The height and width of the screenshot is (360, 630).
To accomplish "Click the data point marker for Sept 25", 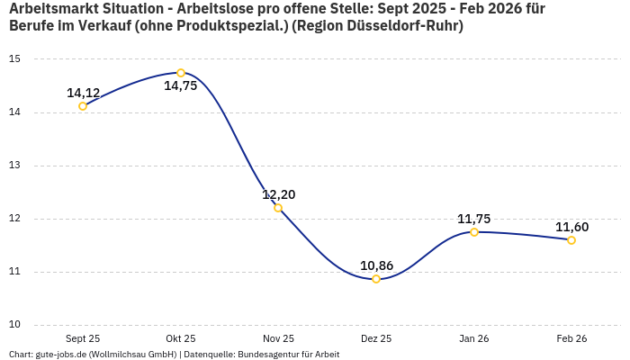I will tap(83, 106).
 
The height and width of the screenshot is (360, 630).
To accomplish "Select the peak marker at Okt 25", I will tap(181, 73).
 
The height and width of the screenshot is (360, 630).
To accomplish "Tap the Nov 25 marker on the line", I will tap(278, 208).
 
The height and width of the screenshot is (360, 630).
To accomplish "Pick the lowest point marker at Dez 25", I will tap(376, 279).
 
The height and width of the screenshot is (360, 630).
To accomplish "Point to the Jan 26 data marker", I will tap(474, 232).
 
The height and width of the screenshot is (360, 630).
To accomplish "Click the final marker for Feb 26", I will tap(571, 240).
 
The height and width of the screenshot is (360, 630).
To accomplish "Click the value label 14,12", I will tap(83, 93).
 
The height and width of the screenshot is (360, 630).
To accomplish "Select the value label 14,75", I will tap(181, 86).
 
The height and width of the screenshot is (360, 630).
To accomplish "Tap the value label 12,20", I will tap(278, 194).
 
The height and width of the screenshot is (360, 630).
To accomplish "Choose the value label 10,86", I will tap(376, 265).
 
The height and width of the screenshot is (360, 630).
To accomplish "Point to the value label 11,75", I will tap(474, 219).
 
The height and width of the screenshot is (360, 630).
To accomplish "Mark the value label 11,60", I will tap(571, 227).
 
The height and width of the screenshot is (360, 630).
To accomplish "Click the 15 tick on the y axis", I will tap(14, 59).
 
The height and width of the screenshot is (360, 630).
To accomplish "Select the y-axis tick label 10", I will tap(14, 325).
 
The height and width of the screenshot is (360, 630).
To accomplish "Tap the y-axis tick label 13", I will tap(14, 166).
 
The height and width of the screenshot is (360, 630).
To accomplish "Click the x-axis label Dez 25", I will tap(376, 339).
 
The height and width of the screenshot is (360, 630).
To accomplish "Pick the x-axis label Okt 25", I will tap(181, 339).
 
